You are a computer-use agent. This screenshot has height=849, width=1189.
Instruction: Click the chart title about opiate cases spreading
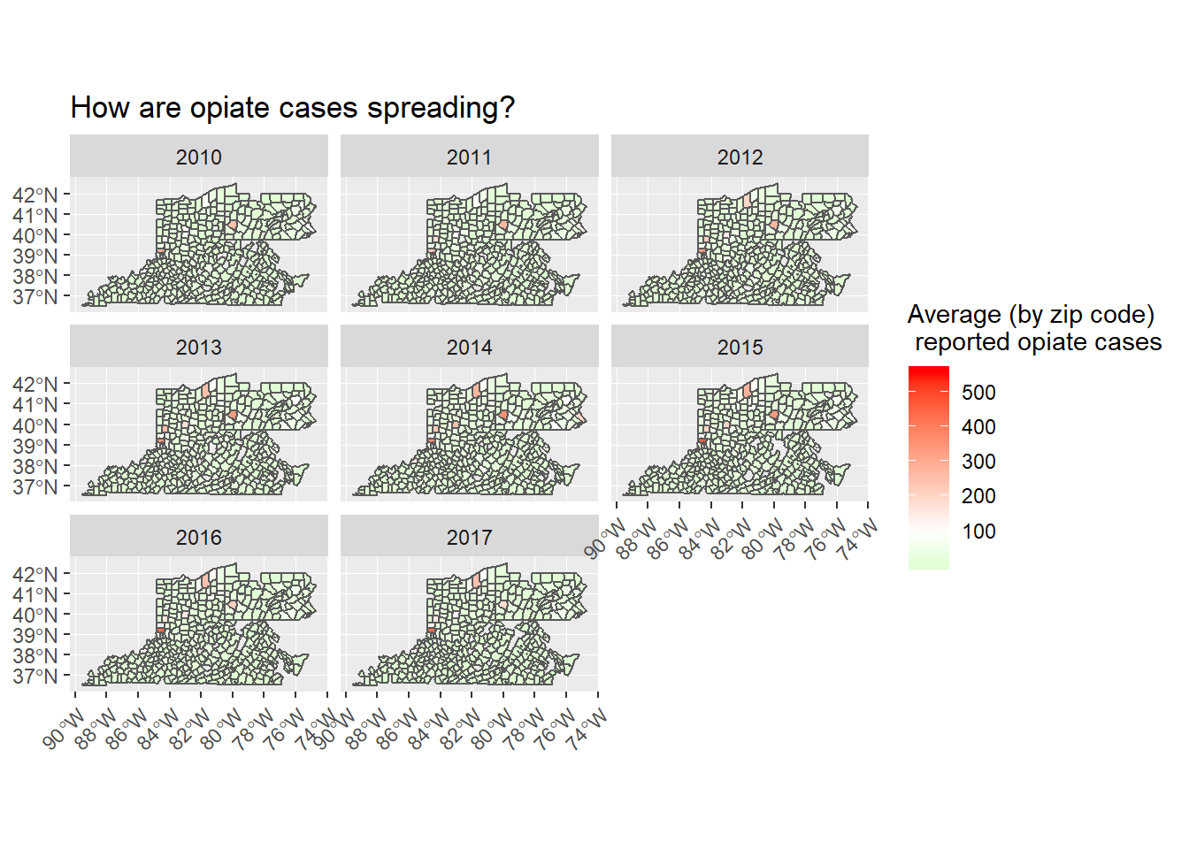point(292,108)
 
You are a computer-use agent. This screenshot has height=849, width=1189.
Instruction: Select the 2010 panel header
point(199,157)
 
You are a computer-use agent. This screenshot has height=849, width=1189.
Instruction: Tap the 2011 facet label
point(469,157)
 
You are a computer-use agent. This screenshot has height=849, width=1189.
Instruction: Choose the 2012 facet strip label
point(740,157)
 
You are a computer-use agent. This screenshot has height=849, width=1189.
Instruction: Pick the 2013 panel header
point(199,348)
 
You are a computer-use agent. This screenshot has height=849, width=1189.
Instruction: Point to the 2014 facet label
point(469,348)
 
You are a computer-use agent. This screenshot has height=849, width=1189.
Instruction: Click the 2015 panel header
point(740,348)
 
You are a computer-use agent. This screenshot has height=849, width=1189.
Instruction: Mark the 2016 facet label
point(199,538)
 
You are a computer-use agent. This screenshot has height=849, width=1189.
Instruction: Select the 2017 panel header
point(469,538)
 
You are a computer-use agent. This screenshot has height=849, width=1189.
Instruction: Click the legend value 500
point(978,393)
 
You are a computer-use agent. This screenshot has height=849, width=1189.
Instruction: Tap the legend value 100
point(978,532)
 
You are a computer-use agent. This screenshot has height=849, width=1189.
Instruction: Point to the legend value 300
point(978,462)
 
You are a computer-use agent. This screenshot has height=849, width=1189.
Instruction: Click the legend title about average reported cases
point(1033,328)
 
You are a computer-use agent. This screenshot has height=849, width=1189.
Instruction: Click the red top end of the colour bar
point(928,371)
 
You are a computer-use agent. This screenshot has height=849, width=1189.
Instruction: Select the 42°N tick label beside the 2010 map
point(35,195)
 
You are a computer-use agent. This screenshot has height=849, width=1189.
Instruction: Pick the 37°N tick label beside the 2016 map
point(35,677)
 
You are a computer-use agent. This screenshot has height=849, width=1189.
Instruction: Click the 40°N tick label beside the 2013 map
point(35,425)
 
